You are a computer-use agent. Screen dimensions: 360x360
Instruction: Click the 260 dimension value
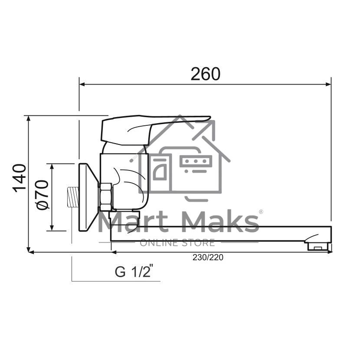click(x=206, y=74)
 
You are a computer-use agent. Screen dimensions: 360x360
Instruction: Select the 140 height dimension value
click(x=19, y=178)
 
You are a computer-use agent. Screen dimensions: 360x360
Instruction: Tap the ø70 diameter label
click(x=42, y=195)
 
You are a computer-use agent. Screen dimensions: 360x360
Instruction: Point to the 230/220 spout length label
click(x=208, y=257)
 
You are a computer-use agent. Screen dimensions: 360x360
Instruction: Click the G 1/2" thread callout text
click(x=134, y=272)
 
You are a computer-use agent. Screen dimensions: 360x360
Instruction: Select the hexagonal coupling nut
click(x=106, y=197)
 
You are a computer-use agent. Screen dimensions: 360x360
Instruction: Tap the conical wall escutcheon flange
click(x=88, y=197)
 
